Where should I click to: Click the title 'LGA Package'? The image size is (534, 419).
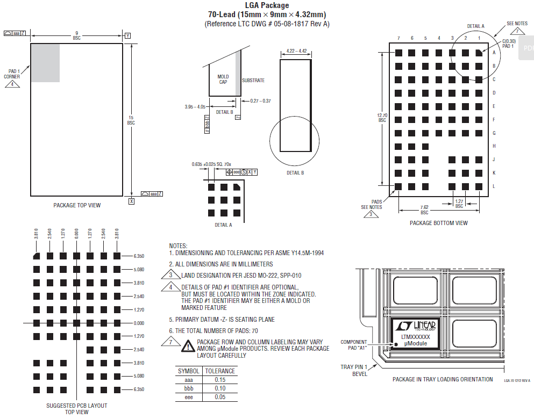267,5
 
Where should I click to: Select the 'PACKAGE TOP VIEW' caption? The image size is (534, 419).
77,205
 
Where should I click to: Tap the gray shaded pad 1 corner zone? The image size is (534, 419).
45,62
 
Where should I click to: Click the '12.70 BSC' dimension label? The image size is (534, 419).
382,117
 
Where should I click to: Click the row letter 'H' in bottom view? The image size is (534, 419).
494,146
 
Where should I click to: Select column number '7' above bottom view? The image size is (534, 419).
398,38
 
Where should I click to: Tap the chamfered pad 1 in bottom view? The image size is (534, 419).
479,53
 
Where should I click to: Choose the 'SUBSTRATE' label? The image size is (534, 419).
253,81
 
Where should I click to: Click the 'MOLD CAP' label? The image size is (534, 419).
223,80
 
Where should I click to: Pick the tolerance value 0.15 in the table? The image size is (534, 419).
220,380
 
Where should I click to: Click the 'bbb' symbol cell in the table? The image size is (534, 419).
189,388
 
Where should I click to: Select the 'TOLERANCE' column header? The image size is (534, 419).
220,371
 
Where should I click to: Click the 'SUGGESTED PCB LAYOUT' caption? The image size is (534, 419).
76,406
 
